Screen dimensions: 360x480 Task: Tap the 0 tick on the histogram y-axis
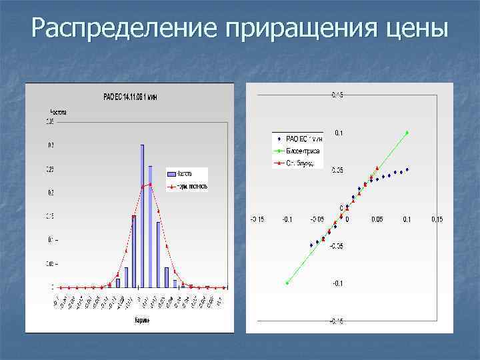(53, 287)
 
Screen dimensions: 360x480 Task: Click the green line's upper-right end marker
(407, 132)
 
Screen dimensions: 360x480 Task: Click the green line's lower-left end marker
(287, 283)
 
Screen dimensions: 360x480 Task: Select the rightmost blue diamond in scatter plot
(407, 169)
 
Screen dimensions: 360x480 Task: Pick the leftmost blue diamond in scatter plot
(311, 245)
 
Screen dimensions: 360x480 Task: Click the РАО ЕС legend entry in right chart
(299, 139)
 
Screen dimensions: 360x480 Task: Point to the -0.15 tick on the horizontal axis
(257, 219)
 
